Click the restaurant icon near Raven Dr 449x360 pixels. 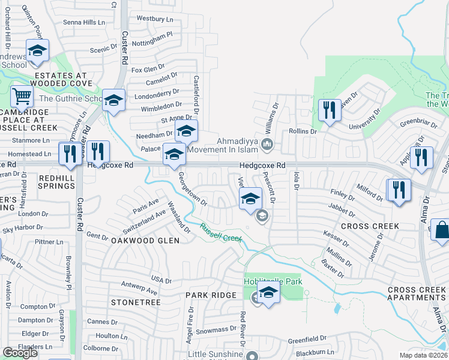(x=329, y=110)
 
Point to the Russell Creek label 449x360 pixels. (x=220, y=233)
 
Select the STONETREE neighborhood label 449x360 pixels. (x=135, y=302)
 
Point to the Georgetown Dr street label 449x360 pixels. (x=192, y=189)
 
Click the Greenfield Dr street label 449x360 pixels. (x=306, y=338)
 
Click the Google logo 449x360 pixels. (x=20, y=353)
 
